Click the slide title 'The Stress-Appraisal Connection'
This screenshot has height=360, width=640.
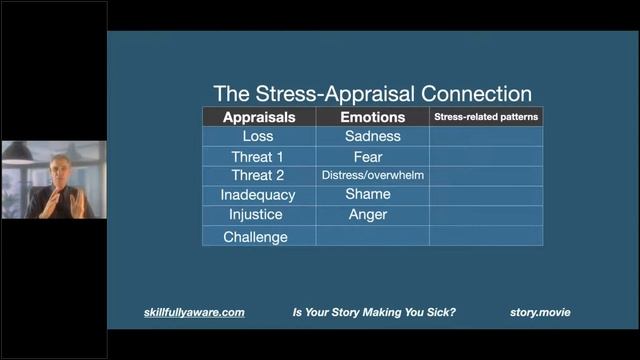click(372, 94)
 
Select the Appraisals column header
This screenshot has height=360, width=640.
click(259, 117)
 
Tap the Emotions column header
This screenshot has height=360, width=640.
click(372, 117)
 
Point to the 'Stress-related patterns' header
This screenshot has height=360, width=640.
click(486, 117)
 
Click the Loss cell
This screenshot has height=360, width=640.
click(259, 137)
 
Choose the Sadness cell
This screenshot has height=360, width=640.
click(372, 137)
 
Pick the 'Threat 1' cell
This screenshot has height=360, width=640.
click(259, 157)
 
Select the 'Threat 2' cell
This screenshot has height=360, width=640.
click(259, 175)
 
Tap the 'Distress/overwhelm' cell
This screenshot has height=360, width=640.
click(372, 175)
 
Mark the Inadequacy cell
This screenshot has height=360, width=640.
click(259, 195)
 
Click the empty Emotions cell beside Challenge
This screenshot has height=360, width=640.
click(372, 237)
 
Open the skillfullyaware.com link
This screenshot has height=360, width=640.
click(194, 313)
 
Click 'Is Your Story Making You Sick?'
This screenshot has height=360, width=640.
click(374, 313)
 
